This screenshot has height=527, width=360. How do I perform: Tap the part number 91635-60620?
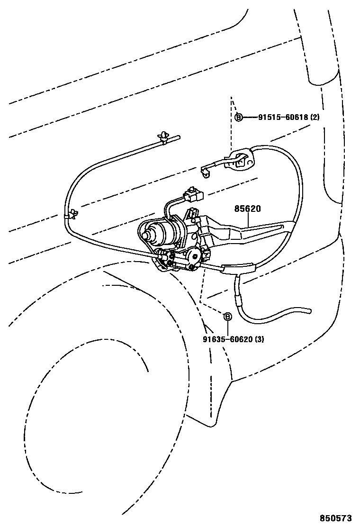pyautogui.click(x=227, y=339)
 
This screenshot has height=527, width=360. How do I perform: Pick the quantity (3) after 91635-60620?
pyautogui.click(x=260, y=339)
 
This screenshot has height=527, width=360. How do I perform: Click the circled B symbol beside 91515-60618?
pyautogui.click(x=239, y=117)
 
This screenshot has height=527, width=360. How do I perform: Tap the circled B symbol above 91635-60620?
pyautogui.click(x=227, y=317)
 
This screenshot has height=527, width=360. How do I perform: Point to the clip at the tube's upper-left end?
pyautogui.click(x=164, y=137)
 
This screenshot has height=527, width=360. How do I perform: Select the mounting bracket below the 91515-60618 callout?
pyautogui.click(x=242, y=161)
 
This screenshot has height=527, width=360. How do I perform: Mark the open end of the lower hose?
pyautogui.click(x=308, y=311)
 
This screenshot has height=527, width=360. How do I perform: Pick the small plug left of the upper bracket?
pyautogui.click(x=206, y=171)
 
